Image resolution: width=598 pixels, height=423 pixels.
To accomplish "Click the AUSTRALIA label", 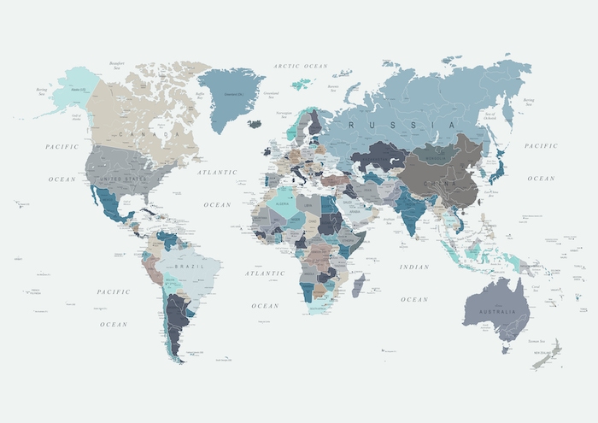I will point(497,310).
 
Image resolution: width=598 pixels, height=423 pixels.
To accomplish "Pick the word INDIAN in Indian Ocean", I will point(414,267).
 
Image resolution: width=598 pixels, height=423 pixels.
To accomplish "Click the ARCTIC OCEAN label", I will point(300,66).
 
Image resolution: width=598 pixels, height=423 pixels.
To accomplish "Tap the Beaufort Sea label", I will point(117,66).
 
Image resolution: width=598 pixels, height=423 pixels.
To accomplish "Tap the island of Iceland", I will point(254,123).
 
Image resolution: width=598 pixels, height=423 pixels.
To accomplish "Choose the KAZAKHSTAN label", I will point(387,156).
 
